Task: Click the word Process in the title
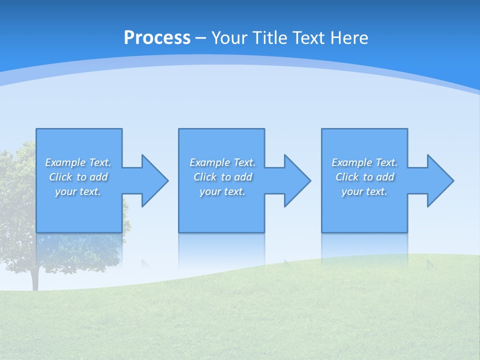157,38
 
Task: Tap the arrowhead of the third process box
440,180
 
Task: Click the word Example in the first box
65,162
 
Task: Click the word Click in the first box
60,177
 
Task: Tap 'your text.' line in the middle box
222,191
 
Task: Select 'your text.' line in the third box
364,191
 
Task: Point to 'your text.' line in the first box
77,191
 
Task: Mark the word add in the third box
385,177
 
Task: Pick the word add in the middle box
243,177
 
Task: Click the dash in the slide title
200,38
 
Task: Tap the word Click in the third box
347,177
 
